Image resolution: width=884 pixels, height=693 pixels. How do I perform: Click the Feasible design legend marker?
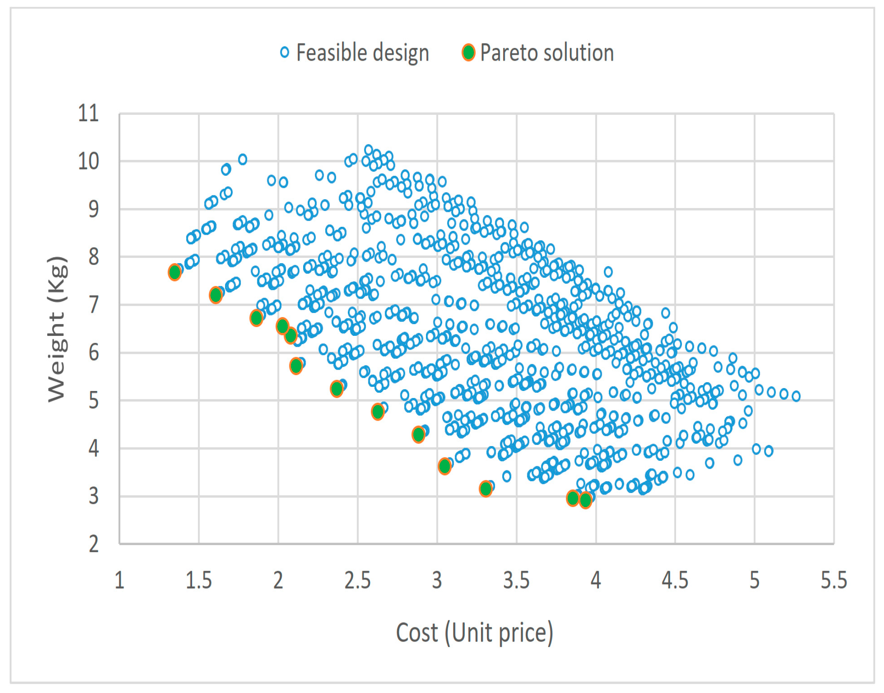[284, 53]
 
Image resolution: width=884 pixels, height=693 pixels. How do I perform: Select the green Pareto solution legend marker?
[469, 53]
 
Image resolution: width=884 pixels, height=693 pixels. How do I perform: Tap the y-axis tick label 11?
[88, 113]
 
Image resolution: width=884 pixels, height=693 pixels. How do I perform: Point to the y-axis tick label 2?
[94, 544]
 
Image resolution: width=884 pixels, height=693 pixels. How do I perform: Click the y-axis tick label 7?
[94, 305]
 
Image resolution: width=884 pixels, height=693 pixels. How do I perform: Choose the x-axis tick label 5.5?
[833, 580]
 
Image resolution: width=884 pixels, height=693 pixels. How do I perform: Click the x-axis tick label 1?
[119, 580]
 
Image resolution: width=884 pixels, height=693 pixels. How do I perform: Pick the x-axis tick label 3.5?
[516, 580]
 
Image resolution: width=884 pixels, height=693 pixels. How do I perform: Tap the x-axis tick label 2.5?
[357, 580]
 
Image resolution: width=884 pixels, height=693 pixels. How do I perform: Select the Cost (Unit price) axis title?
[474, 633]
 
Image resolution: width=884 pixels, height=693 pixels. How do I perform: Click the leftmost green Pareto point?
[175, 272]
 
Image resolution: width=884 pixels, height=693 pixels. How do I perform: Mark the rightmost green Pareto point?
[585, 500]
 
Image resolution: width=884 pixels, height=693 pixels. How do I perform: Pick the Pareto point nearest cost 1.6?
[215, 295]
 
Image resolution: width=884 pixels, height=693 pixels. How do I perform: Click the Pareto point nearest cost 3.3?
[486, 488]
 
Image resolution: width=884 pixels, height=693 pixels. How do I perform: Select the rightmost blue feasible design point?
[796, 396]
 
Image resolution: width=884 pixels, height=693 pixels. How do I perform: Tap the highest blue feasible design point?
[368, 150]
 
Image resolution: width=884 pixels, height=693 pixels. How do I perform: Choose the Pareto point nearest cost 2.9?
[418, 435]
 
